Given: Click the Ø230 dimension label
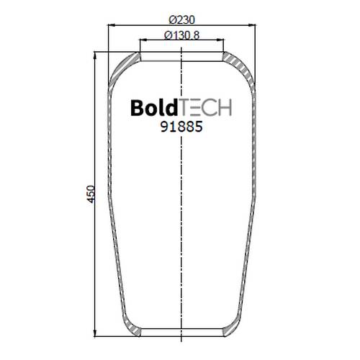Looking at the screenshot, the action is [x=181, y=19].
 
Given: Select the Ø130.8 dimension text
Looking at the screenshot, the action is [x=181, y=35].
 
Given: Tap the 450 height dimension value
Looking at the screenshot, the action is [x=91, y=194].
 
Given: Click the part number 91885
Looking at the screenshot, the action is [x=181, y=127].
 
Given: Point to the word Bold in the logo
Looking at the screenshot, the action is [x=154, y=107].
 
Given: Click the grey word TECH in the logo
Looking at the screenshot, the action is [x=205, y=108].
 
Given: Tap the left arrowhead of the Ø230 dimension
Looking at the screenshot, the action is [x=112, y=24].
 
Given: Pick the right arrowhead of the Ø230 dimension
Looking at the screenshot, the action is [x=252, y=24].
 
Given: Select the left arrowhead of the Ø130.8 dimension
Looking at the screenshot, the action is [x=143, y=40].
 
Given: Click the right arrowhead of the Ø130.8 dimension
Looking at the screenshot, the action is [x=220, y=40].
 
